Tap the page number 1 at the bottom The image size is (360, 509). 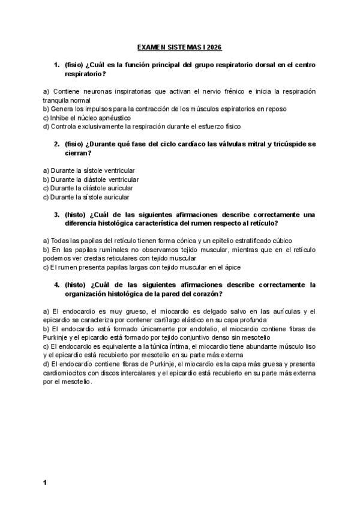(44, 482)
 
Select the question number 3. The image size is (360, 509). (56, 214)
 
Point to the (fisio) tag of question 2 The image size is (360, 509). (74, 144)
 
